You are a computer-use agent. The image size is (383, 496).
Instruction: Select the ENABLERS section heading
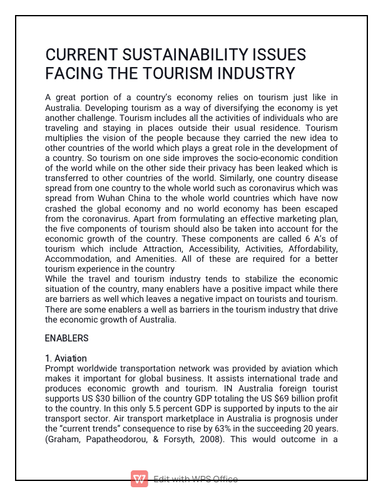tap(67, 338)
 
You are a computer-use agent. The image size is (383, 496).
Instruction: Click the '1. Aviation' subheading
tap(66, 359)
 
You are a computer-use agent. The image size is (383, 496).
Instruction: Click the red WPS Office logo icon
tap(139, 479)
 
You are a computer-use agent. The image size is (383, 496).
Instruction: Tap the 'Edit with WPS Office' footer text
tap(195, 479)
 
